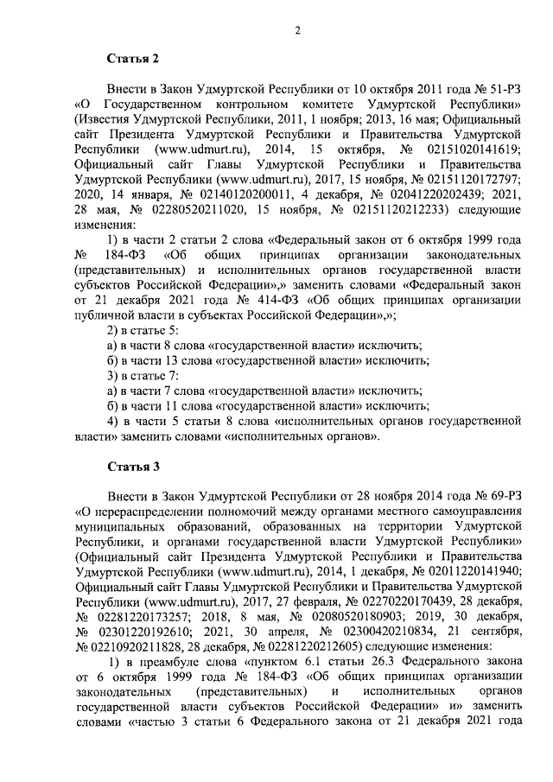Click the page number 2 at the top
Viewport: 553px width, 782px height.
pyautogui.click(x=296, y=33)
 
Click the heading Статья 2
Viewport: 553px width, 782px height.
pyautogui.click(x=133, y=60)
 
